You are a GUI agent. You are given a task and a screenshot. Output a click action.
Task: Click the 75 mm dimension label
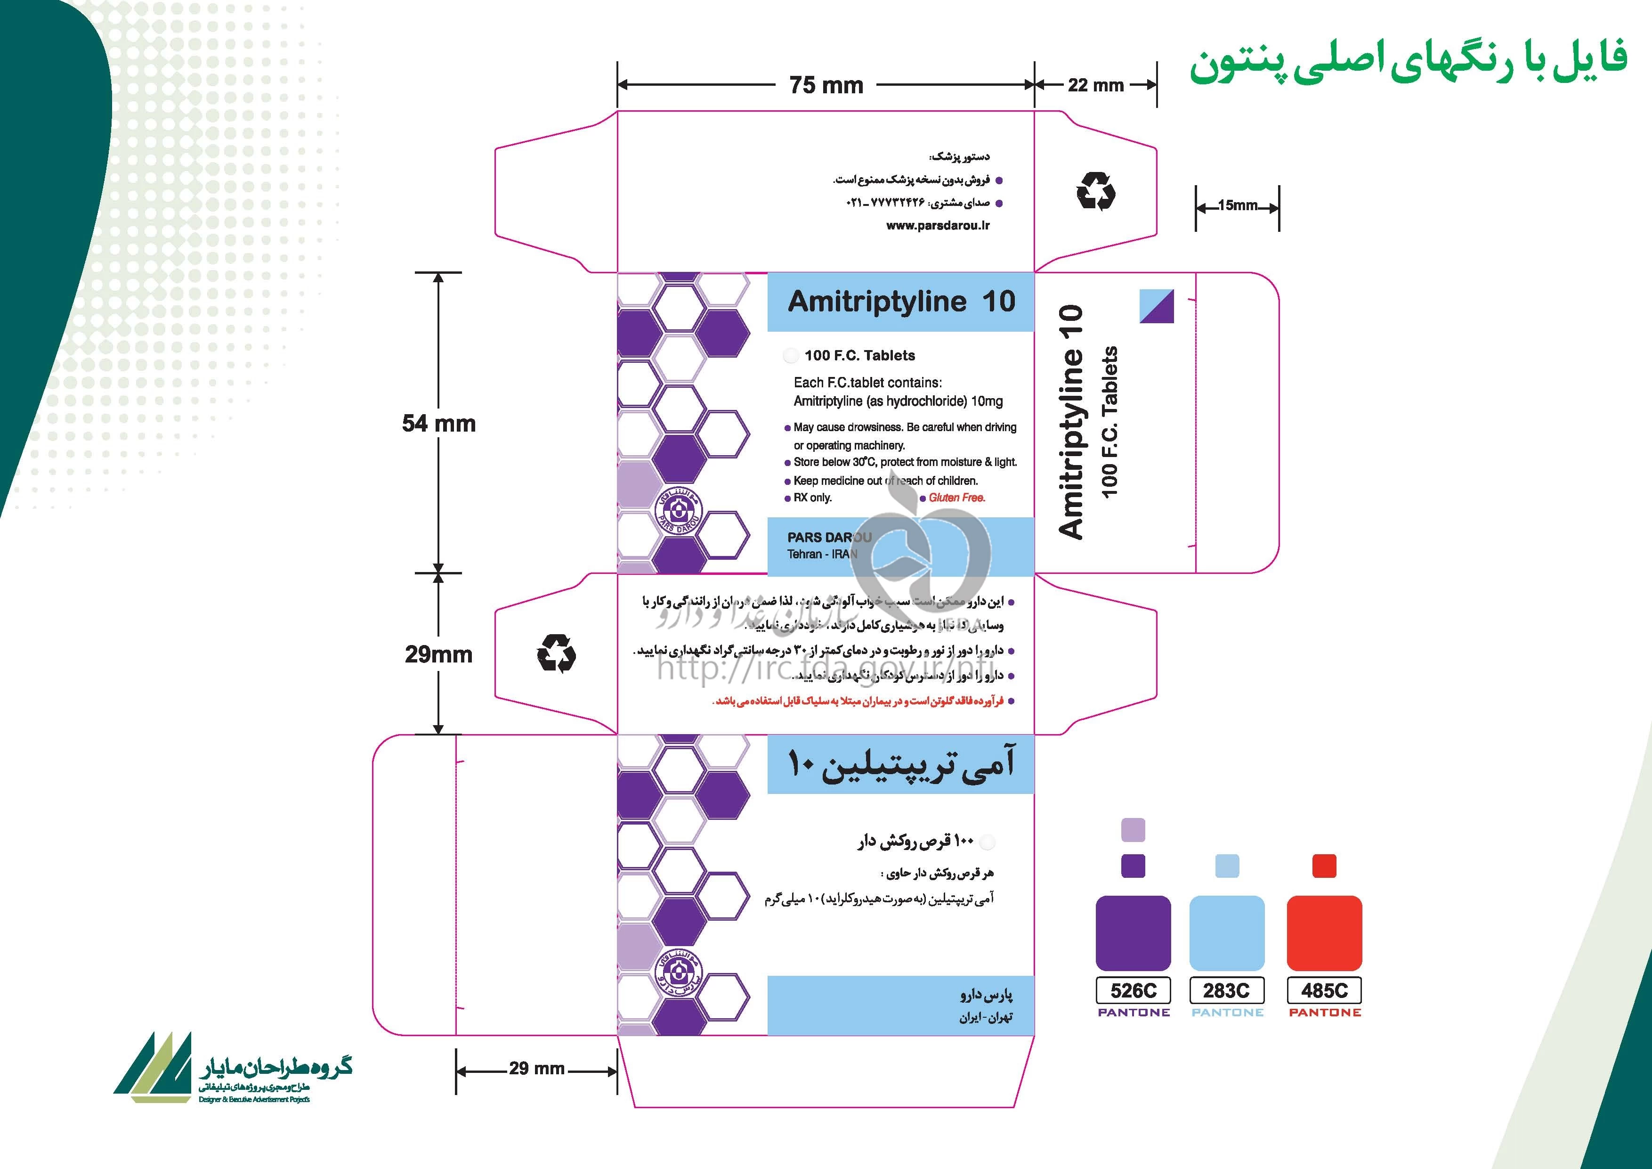[x=826, y=85]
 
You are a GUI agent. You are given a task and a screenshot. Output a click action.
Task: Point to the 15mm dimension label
[x=1238, y=206]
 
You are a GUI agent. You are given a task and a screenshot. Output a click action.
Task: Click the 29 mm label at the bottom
[x=537, y=1068]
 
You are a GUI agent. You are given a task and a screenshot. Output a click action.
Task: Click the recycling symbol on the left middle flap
[x=556, y=654]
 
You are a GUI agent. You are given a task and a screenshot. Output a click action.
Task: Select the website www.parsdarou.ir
[x=938, y=225]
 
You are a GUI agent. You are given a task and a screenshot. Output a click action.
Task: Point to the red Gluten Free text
[x=956, y=498]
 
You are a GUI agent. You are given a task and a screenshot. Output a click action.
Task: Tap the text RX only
[x=812, y=498]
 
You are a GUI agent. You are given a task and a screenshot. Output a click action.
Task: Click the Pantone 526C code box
[x=1133, y=990]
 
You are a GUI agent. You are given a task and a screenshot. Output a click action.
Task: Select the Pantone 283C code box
[x=1227, y=990]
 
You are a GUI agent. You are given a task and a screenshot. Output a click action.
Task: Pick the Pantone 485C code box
[x=1324, y=990]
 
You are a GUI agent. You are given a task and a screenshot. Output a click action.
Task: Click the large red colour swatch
[x=1324, y=933]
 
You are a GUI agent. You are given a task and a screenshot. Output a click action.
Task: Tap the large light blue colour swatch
[x=1227, y=933]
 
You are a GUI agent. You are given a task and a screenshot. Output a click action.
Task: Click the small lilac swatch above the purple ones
[x=1133, y=830]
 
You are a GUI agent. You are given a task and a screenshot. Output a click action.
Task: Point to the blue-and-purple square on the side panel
[x=1157, y=306]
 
